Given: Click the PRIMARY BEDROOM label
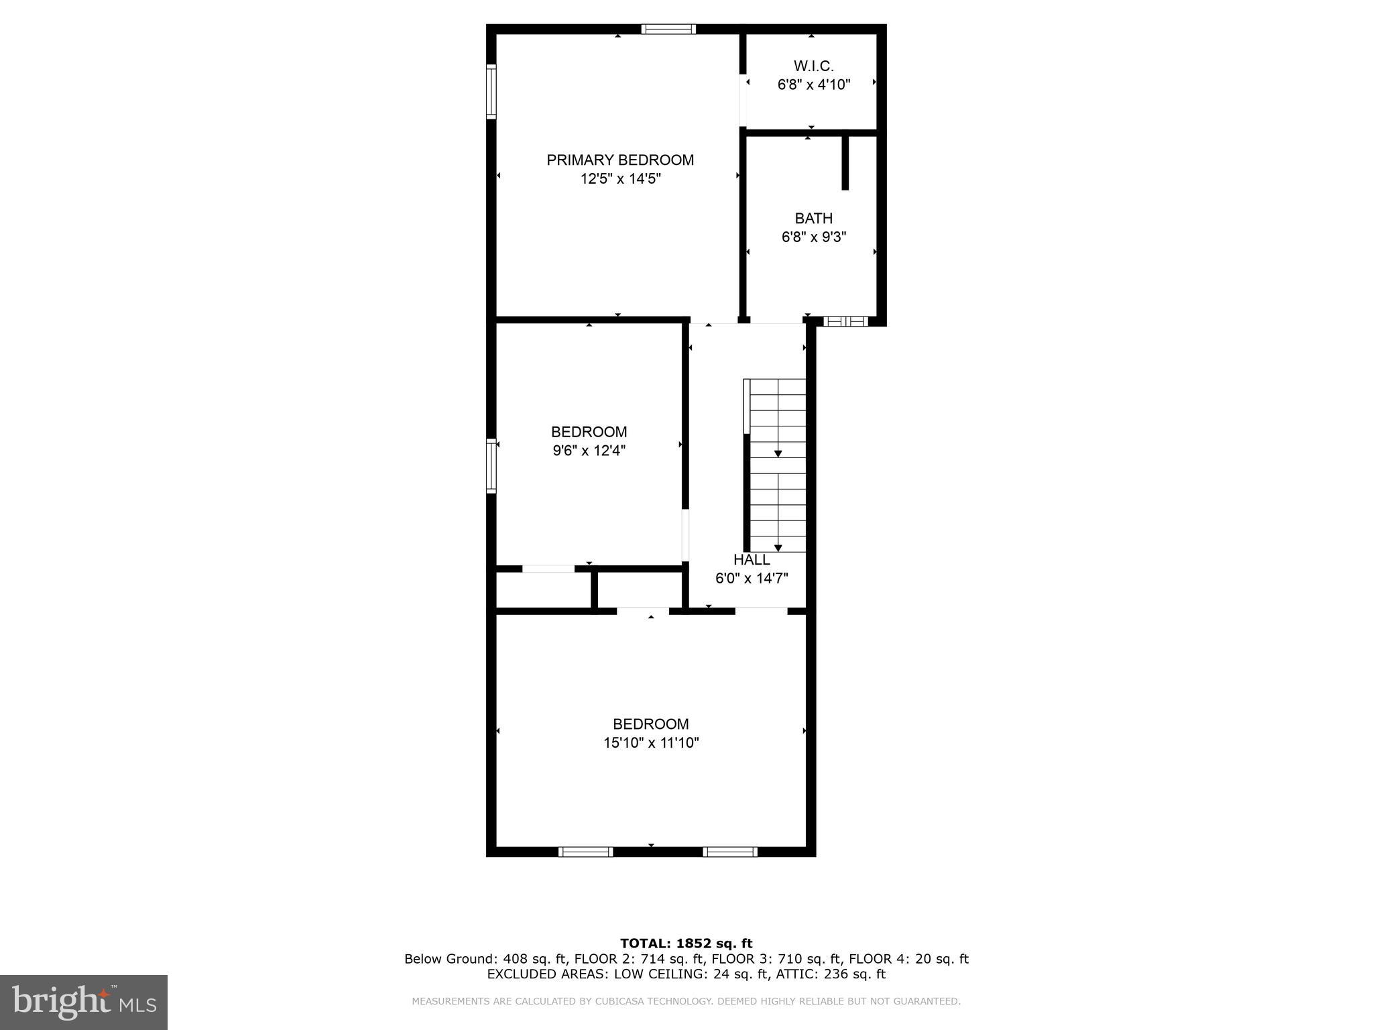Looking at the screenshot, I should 620,160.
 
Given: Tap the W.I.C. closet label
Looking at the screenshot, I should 813,66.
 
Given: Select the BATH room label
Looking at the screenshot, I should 813,219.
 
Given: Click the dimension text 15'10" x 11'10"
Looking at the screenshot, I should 651,743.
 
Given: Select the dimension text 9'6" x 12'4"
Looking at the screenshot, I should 589,451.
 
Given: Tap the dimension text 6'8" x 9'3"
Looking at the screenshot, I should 814,237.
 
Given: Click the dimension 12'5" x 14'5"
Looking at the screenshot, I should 621,179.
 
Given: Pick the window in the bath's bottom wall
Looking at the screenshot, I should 845,322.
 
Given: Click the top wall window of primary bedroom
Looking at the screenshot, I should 668,29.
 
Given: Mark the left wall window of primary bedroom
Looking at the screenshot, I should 491,91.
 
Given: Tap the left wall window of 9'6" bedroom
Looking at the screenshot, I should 491,466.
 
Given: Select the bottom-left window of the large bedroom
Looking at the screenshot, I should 585,852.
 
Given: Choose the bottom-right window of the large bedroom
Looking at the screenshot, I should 730,852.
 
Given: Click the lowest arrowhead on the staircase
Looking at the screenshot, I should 778,548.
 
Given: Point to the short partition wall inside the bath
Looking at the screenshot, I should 845,163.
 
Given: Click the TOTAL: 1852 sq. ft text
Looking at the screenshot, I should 686,943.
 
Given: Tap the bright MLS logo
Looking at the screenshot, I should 84,1002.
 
